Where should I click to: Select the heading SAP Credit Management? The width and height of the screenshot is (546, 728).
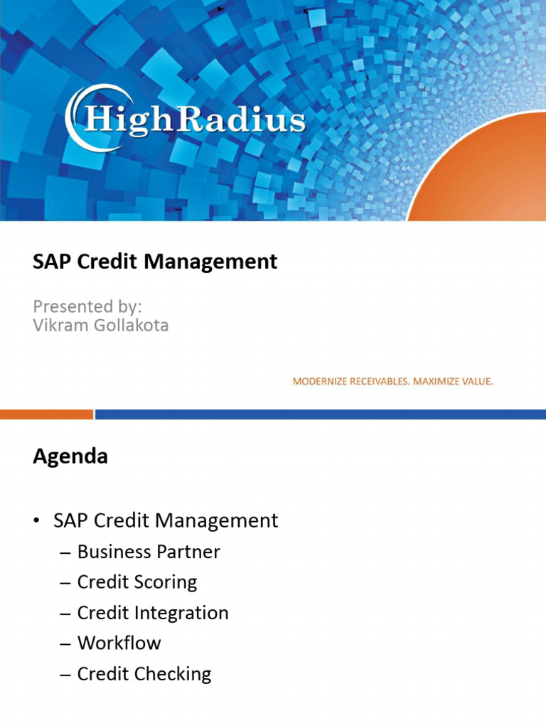point(155,262)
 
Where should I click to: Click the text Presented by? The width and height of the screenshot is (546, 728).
point(87,306)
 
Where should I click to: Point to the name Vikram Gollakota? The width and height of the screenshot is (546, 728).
point(101,326)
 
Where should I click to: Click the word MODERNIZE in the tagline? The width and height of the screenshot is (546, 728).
point(318,382)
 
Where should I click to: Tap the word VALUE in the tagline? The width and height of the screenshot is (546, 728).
point(476,382)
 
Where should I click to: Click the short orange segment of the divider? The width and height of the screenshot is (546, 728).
point(46,414)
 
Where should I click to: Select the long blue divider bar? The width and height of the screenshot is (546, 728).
point(320,414)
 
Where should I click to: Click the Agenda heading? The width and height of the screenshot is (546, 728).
point(70,456)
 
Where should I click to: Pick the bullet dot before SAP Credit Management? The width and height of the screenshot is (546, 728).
point(36,522)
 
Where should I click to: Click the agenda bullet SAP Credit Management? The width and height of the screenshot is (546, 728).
point(166,521)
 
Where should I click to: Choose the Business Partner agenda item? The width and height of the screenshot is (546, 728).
point(149,552)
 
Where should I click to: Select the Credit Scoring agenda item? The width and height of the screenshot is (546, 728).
point(137,582)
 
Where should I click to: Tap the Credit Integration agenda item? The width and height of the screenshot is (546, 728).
point(153,613)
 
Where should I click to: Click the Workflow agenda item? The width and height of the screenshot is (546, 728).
point(119,643)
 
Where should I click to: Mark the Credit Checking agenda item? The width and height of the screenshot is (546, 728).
point(144,674)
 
